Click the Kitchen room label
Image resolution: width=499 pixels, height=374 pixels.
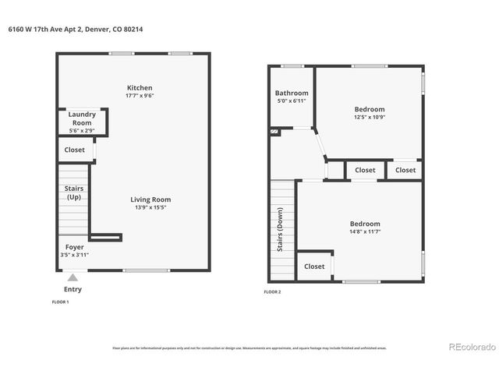click(140, 88)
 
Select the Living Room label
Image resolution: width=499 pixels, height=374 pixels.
click(150, 199)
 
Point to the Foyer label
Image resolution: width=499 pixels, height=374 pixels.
click(74, 247)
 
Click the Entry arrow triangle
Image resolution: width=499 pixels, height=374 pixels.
click(73, 277)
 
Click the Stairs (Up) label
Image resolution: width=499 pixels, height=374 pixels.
click(74, 192)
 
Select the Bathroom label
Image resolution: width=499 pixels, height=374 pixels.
click(292, 93)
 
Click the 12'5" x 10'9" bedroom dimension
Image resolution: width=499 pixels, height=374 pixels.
click(370, 118)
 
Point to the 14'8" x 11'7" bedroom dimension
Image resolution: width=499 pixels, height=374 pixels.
click(365, 232)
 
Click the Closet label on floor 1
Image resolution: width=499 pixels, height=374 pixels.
click(75, 150)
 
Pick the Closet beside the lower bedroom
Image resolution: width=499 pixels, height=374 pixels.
click(314, 266)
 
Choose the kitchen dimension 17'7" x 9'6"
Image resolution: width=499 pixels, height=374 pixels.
click(140, 97)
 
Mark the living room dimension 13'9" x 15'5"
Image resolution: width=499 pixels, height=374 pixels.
click(150, 208)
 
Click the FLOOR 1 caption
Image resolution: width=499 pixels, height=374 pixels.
click(60, 302)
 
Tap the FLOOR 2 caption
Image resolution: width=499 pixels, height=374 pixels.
click(272, 292)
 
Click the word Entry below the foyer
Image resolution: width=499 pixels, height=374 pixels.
click(73, 290)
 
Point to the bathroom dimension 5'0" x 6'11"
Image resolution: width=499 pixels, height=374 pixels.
click(292, 101)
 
